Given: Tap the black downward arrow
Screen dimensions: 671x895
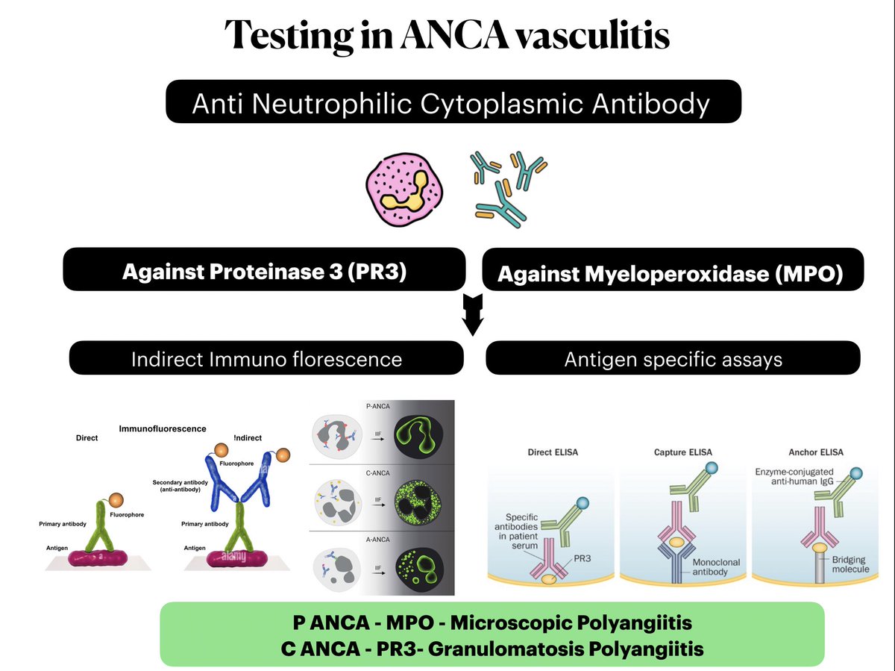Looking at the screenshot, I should (473, 315).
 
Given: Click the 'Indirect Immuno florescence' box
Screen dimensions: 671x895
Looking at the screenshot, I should (266, 359).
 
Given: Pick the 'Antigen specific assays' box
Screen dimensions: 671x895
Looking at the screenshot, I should (673, 359).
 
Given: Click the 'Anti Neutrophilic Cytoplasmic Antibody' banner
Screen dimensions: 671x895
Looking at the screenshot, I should (452, 102).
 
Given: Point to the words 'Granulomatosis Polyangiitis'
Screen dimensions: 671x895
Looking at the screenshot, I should (568, 648).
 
